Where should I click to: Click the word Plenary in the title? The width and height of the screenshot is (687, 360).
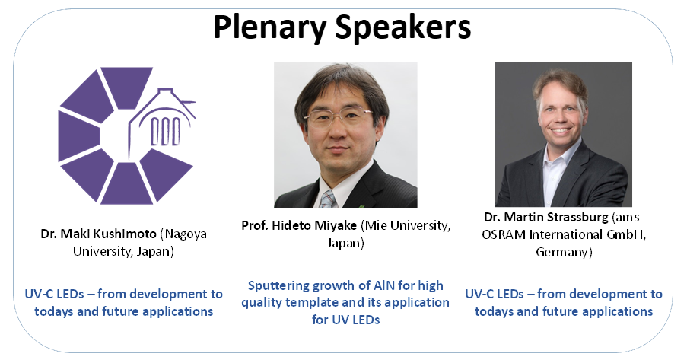(x=269, y=27)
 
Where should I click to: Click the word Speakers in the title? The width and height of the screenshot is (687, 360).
(x=402, y=27)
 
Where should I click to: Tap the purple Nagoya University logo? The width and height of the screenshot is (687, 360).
(x=126, y=135)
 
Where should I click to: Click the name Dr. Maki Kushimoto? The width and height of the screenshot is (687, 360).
(x=99, y=234)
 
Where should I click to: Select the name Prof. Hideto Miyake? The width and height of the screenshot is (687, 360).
(x=299, y=225)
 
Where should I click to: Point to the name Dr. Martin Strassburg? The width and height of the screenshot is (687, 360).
(x=546, y=217)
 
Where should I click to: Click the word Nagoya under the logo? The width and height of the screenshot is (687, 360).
(x=184, y=234)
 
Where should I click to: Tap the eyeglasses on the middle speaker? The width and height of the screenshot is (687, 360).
(x=339, y=117)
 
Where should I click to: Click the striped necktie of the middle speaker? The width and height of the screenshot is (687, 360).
(x=328, y=199)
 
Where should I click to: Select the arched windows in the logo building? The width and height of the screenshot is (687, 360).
(x=165, y=131)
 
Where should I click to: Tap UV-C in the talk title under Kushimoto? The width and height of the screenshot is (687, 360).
(x=40, y=294)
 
